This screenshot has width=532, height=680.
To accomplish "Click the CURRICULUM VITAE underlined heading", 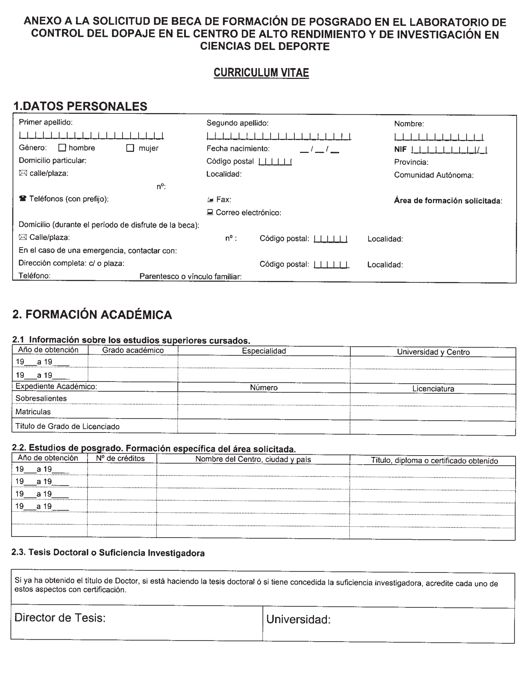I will [261, 73].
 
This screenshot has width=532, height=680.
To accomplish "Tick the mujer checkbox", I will [130, 148].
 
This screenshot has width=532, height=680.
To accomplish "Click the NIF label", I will [400, 150].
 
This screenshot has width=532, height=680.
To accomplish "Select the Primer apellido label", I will [46, 122].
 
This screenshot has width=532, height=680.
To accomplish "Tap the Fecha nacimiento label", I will [238, 149].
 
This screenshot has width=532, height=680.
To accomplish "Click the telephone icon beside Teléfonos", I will [23, 199].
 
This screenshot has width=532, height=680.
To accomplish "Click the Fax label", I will [223, 200].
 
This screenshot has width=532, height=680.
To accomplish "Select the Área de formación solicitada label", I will [448, 201].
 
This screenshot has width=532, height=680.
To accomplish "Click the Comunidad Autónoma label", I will [434, 175].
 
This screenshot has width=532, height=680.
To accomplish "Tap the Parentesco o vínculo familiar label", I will [190, 277].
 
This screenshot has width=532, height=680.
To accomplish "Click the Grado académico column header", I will [133, 350].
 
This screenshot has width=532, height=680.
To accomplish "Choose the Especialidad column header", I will [264, 351].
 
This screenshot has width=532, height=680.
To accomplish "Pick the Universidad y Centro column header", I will [433, 352].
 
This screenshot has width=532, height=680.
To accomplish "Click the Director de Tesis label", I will [60, 618].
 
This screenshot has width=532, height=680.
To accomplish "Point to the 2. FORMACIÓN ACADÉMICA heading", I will [92, 315].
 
